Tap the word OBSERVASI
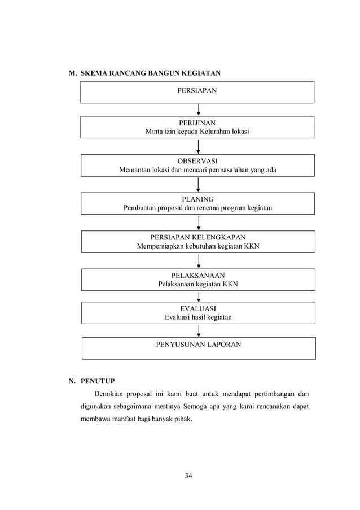tap(197, 160)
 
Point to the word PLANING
tap(197, 199)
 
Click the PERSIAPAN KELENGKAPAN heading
tap(197, 237)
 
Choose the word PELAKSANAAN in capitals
tap(197, 275)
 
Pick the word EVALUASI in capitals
tap(197, 308)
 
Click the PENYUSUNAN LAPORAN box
tap(198, 344)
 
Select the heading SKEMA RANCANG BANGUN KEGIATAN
tap(151, 73)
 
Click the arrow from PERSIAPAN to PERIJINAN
tap(198, 110)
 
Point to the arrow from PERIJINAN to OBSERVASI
tap(198, 147)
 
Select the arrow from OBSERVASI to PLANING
tap(198, 185)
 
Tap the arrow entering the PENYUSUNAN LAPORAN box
tap(198, 331)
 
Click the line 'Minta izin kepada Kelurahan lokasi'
tap(197, 132)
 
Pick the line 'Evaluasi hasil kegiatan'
tap(197, 317)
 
